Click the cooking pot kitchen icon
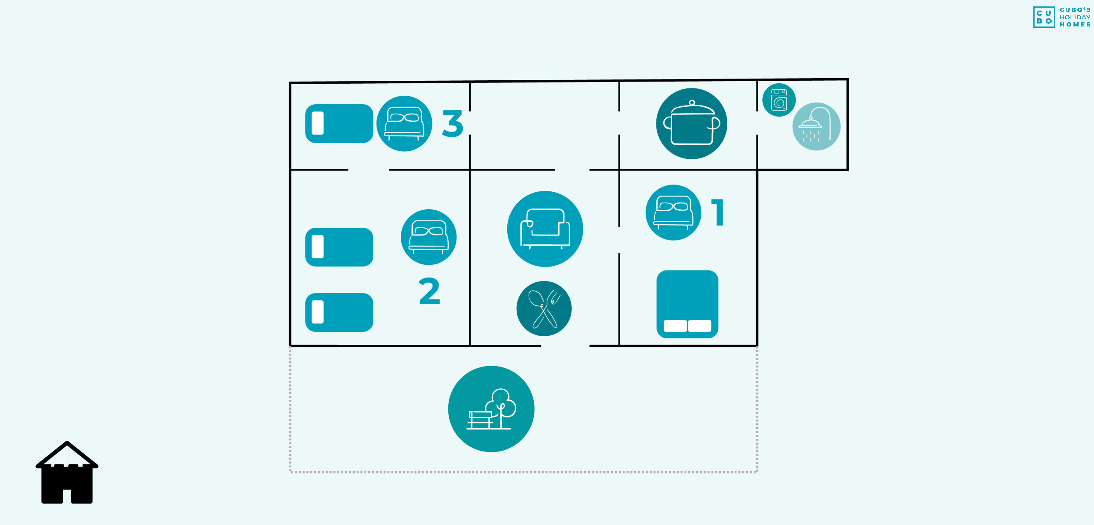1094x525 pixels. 691,124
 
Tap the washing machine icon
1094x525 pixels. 779,100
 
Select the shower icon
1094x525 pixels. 816,126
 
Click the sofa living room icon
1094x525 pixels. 545,229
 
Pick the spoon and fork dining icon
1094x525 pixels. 544,308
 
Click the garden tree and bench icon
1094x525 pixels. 491,409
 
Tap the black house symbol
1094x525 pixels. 67,472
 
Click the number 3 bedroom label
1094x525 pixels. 453,124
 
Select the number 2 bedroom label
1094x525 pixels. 429,291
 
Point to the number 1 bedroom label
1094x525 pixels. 718,212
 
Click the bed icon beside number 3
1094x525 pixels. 404,123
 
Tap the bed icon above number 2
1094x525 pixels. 429,237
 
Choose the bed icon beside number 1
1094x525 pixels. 673,212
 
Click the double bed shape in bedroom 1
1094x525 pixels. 687,304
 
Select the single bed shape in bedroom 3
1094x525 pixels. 339,123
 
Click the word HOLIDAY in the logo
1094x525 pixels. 1075,18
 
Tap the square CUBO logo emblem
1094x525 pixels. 1044,17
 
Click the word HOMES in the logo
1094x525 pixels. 1075,25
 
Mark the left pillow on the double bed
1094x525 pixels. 675,326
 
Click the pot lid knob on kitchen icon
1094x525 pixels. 692,103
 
